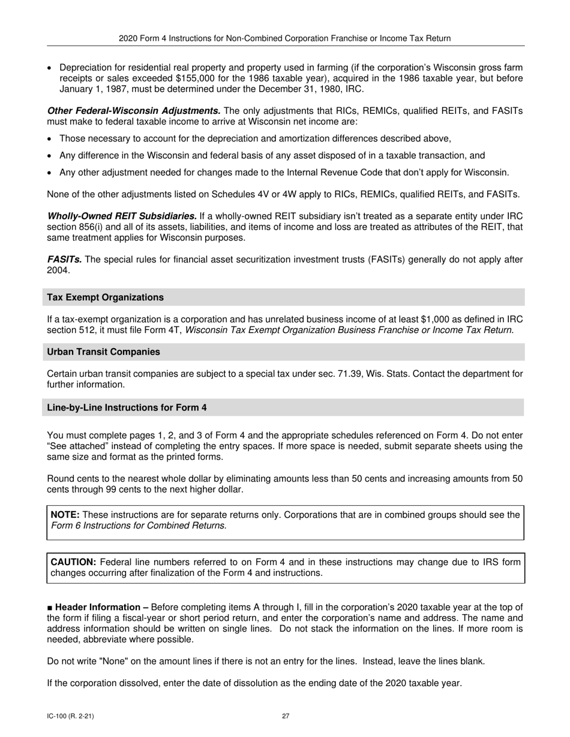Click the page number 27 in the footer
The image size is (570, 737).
click(286, 715)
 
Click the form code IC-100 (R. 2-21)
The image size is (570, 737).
click(70, 715)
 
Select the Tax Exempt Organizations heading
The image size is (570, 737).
click(106, 297)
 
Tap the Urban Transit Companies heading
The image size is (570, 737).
click(103, 352)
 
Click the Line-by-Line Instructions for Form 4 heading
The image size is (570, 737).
click(127, 407)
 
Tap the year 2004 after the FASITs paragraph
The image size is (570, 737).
click(58, 270)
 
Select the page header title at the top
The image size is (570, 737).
click(285, 38)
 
